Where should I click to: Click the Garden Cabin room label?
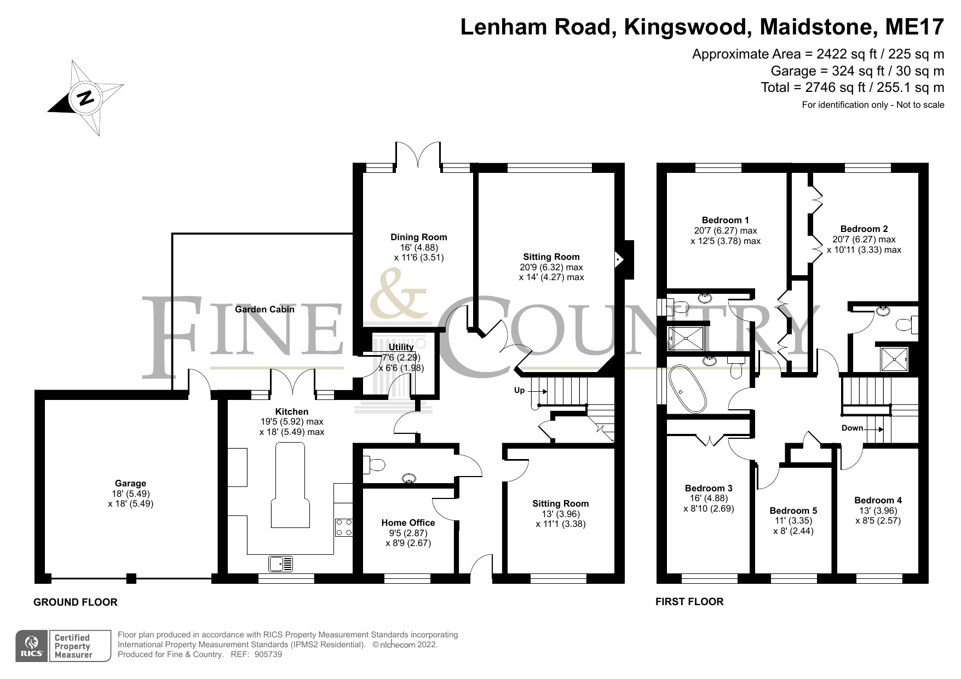(264, 310)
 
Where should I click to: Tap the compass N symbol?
(85, 98)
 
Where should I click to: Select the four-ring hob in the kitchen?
(344, 527)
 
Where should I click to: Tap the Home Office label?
(408, 523)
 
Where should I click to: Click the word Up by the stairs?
(519, 391)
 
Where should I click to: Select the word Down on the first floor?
(852, 428)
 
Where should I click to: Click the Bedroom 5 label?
(793, 511)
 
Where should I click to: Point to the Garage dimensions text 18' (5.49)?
(130, 494)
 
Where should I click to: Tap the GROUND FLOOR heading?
(76, 602)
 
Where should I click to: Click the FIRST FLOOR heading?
(689, 602)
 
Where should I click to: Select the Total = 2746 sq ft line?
(852, 88)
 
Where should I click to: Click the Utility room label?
(401, 347)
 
